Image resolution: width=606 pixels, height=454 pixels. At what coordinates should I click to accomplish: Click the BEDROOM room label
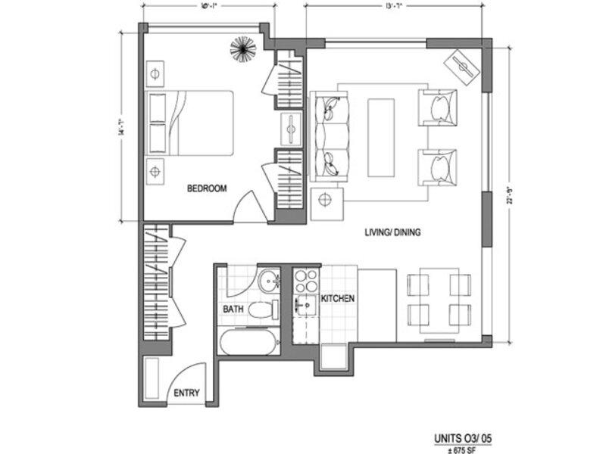pyautogui.click(x=207, y=189)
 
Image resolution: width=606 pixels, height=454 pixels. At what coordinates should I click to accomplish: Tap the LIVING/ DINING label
pyautogui.click(x=392, y=233)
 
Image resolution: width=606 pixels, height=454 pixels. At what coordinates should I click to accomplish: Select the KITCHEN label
pyautogui.click(x=338, y=299)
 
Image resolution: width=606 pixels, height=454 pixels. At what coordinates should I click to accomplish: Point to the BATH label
pyautogui.click(x=233, y=309)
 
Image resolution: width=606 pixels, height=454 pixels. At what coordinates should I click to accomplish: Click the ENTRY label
pyautogui.click(x=186, y=393)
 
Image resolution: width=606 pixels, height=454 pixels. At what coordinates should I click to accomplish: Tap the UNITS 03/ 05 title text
pyautogui.click(x=467, y=438)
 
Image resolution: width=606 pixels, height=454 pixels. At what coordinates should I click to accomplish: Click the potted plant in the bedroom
pyautogui.click(x=243, y=49)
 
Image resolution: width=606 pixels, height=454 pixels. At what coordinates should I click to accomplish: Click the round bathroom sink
pyautogui.click(x=267, y=284)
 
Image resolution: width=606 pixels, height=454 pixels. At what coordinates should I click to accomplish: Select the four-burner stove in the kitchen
pyautogui.click(x=306, y=282)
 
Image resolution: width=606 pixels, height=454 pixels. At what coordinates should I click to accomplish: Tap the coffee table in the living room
pyautogui.click(x=382, y=137)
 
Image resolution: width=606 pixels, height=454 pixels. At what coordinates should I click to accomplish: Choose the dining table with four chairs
pyautogui.click(x=440, y=298)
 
